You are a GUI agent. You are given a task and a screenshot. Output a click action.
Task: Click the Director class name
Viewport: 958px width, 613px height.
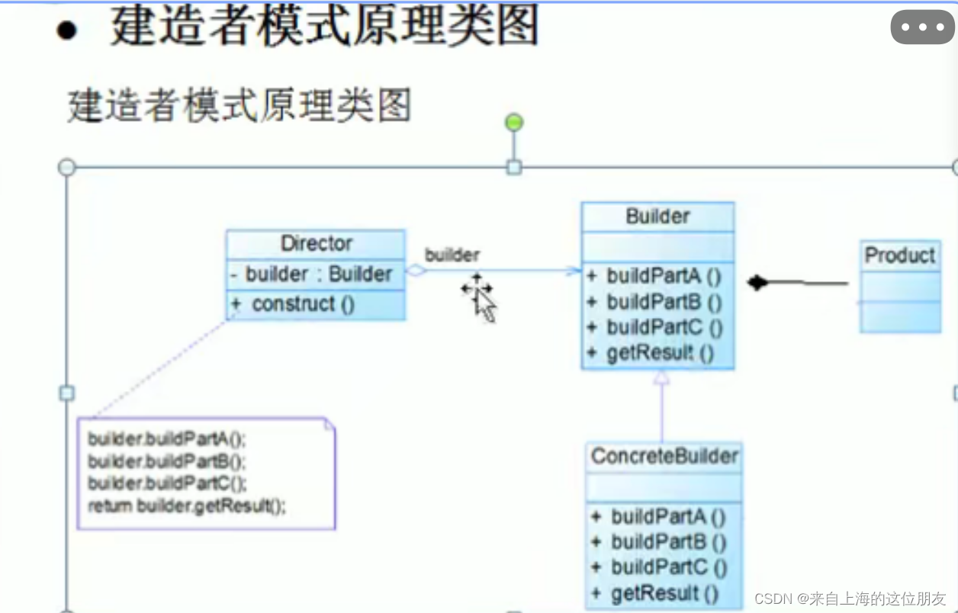coord(317,244)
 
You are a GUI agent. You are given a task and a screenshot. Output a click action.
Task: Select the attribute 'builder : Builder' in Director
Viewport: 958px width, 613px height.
coord(319,274)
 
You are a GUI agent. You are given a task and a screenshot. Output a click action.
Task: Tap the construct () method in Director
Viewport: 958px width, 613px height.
coord(304,304)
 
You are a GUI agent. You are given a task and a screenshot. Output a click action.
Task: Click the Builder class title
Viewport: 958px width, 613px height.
coord(657,217)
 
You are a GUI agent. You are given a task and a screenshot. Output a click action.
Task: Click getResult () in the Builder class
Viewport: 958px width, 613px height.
coord(661,354)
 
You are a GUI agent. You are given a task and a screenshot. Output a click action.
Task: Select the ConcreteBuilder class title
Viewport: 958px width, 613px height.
coord(664,457)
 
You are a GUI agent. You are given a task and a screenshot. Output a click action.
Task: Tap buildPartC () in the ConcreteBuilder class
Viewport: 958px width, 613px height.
coord(668,568)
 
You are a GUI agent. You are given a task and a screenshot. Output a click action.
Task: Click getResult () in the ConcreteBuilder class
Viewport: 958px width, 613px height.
coord(665,594)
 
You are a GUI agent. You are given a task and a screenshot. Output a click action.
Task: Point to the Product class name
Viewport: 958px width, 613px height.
coord(900,256)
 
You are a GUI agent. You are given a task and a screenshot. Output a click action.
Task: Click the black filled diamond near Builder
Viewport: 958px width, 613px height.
coord(757,284)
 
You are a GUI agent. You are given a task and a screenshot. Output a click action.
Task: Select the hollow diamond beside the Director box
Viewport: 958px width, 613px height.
coord(416,270)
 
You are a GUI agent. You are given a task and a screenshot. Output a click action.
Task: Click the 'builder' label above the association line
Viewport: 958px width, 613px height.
coord(452,255)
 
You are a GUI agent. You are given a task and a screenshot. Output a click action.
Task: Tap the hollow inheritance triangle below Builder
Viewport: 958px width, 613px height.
coord(661,376)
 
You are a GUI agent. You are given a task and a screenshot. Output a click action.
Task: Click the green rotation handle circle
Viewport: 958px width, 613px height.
coord(514,122)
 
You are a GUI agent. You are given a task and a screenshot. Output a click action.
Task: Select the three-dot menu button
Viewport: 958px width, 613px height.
coord(922,28)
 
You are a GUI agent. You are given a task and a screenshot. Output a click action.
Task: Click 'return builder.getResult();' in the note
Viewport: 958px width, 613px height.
coord(187,505)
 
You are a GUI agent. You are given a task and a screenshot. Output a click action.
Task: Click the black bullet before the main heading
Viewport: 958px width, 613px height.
coord(67,32)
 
